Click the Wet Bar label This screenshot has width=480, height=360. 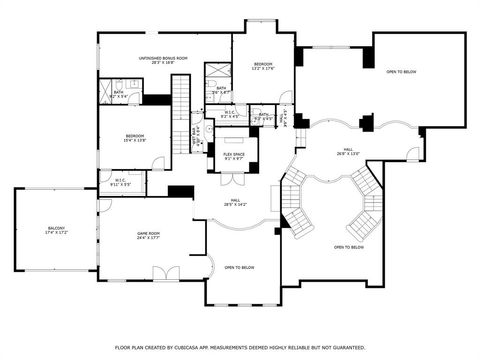pos(196,133)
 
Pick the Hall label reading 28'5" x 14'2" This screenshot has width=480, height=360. pos(238,202)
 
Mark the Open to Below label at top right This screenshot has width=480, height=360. pos(402,72)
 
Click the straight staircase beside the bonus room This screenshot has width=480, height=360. pos(181,100)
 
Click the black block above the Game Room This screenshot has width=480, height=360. pos(180,191)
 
